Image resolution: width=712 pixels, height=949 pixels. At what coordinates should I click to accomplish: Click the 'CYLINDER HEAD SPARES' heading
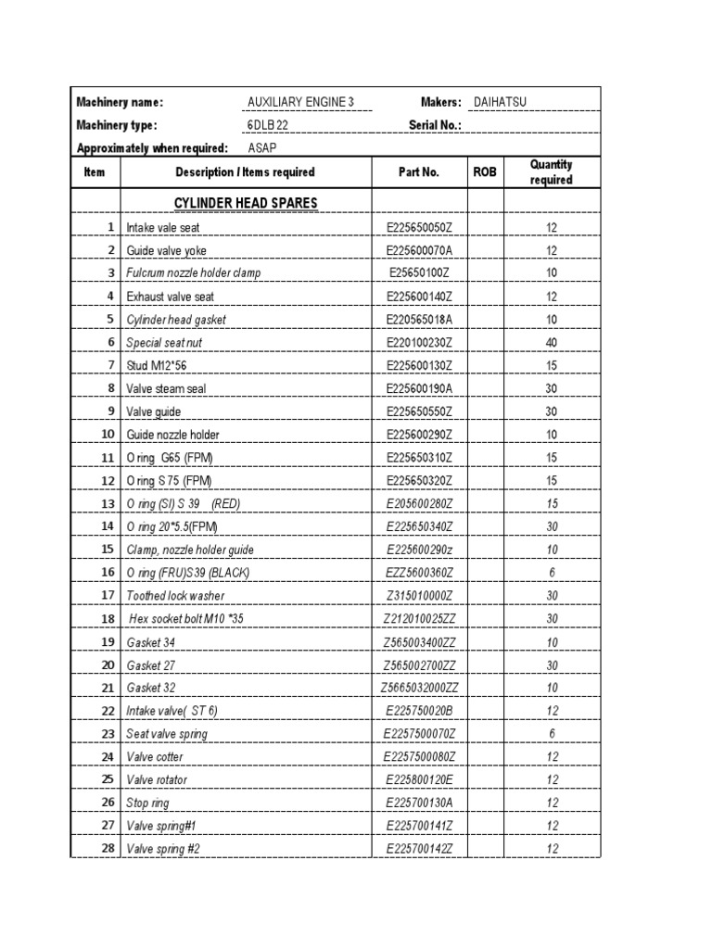click(x=246, y=203)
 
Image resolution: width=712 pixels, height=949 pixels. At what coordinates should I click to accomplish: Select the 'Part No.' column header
click(x=418, y=172)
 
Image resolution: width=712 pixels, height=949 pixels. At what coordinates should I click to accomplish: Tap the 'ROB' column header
click(x=485, y=172)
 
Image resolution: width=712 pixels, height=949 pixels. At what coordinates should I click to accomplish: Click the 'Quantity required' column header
click(x=551, y=172)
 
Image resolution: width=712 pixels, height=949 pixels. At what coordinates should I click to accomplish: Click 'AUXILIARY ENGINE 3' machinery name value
click(x=300, y=102)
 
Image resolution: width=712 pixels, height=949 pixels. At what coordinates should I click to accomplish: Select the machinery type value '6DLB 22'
click(x=268, y=125)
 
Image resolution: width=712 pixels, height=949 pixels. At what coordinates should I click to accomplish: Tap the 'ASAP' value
click(x=261, y=148)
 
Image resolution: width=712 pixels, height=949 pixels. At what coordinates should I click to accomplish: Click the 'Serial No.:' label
click(x=435, y=125)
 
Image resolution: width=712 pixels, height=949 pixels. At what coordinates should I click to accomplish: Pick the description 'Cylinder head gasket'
click(x=176, y=320)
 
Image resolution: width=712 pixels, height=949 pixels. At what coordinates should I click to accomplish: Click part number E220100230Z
click(x=418, y=343)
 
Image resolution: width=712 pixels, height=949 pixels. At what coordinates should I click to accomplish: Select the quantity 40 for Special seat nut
click(x=551, y=343)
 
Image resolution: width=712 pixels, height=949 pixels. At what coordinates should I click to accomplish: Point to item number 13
click(x=108, y=503)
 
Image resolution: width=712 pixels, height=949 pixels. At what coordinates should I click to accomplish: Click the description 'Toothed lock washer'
click(x=175, y=596)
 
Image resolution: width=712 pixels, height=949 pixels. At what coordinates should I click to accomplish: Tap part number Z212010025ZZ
click(x=418, y=618)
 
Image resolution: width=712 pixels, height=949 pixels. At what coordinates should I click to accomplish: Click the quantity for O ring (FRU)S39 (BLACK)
click(x=551, y=573)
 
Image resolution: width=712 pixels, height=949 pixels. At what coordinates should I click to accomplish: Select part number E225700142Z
click(x=418, y=849)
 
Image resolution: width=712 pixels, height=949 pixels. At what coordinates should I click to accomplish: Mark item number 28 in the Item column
click(x=108, y=849)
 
